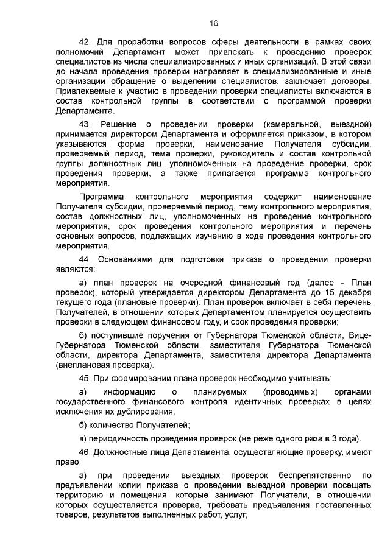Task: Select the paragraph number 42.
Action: (x=86, y=41)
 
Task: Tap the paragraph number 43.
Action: (x=86, y=124)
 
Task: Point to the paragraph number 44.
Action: (x=86, y=258)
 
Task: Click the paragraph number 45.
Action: (x=86, y=377)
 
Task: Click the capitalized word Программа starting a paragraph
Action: (x=101, y=197)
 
